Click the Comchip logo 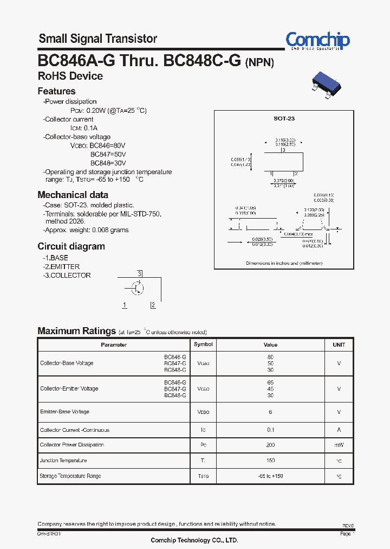pos(317,40)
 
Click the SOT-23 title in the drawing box pos(284,118)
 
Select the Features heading pos(56,91)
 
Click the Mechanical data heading pos(73,195)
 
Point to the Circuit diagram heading pos(71,246)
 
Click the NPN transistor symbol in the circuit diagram pos(137,288)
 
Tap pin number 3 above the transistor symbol pos(140,273)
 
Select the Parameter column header pos(114,344)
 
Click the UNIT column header pos(339,344)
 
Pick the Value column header pos(270,344)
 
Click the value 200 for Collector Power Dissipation pos(270,445)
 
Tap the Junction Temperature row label pos(63,461)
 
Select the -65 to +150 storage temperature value pos(270,476)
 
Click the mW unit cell pos(339,445)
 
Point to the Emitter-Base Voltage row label pos(64,412)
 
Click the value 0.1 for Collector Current pos(270,430)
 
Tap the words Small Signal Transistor pos(98,39)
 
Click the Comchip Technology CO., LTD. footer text pos(194,540)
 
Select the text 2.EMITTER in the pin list pos(61,266)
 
